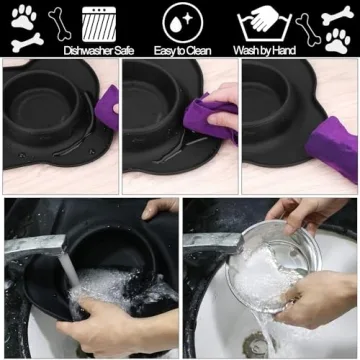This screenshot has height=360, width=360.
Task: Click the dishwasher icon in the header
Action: pyautogui.click(x=98, y=22)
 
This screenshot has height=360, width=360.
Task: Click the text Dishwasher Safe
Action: pyautogui.click(x=97, y=49)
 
